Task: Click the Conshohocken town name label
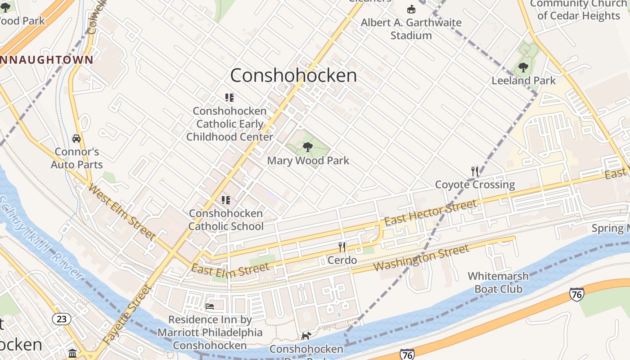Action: [293, 75]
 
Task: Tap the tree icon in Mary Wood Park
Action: [308, 147]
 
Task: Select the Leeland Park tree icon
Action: [523, 67]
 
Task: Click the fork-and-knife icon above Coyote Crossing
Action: [475, 171]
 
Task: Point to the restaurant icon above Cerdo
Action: [342, 247]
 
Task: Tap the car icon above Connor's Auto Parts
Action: [76, 139]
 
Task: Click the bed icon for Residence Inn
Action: [210, 306]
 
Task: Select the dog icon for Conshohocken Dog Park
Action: [306, 336]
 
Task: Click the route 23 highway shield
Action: [62, 319]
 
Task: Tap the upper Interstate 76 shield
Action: [576, 294]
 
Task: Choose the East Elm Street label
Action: [230, 269]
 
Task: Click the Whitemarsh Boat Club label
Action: [498, 282]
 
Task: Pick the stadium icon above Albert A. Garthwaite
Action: [411, 9]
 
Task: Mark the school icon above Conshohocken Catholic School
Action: [225, 200]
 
